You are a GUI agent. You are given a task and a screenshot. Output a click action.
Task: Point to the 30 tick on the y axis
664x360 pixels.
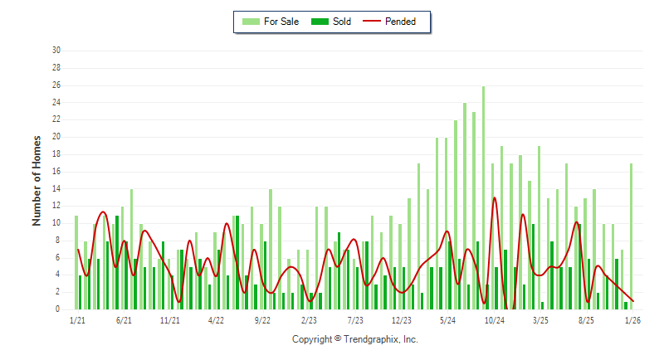click(x=56, y=51)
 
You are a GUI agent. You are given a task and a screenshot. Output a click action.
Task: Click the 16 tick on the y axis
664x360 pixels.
click(x=56, y=171)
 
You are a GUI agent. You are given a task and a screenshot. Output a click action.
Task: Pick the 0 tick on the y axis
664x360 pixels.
click(x=58, y=309)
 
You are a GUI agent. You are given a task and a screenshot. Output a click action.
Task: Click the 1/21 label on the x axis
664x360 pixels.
click(x=77, y=320)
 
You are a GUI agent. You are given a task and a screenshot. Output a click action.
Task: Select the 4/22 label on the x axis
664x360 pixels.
click(x=217, y=320)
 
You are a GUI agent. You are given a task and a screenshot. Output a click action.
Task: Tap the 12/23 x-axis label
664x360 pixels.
click(x=402, y=320)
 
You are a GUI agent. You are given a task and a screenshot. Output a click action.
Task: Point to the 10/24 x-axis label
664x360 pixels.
click(x=495, y=320)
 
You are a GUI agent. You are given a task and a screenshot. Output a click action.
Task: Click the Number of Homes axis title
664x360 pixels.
click(x=37, y=180)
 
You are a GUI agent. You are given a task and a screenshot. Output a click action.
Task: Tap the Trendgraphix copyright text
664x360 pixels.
click(x=355, y=339)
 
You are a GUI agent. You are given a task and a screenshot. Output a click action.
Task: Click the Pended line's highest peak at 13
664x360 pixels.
click(x=495, y=197)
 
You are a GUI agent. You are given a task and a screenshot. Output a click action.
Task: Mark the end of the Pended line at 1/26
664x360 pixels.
click(x=633, y=301)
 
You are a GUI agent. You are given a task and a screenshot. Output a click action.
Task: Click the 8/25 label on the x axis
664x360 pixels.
click(x=587, y=320)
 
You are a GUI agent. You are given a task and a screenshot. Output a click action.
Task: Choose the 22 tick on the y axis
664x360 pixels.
click(x=56, y=119)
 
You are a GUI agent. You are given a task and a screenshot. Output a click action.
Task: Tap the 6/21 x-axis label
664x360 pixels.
click(x=124, y=320)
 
